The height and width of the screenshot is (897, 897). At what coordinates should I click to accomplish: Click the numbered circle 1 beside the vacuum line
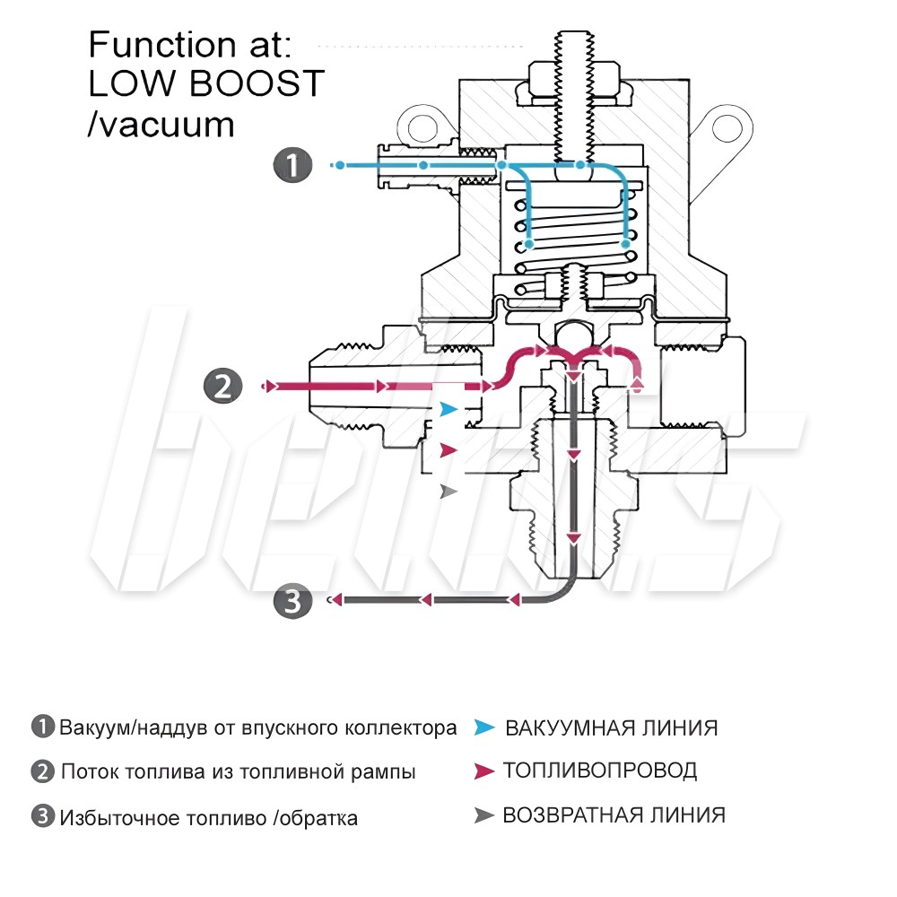click(x=292, y=165)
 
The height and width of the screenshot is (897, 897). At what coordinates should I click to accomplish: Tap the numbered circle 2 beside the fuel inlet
click(x=223, y=386)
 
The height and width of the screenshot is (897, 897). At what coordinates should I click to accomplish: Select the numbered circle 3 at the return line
click(x=292, y=601)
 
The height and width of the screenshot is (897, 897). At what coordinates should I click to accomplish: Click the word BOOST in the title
click(x=257, y=83)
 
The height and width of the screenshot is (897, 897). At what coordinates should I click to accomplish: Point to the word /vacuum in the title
click(x=161, y=124)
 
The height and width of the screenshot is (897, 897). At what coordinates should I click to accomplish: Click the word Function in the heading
click(x=162, y=44)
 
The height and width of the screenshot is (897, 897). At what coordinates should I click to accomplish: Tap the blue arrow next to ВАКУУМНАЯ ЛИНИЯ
click(x=484, y=727)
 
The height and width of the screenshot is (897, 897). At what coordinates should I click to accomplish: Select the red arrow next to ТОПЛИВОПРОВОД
click(x=484, y=771)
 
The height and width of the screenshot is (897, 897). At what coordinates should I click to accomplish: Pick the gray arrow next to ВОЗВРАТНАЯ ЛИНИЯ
click(x=484, y=815)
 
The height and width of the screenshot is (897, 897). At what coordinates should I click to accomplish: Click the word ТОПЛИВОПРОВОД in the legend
click(x=600, y=771)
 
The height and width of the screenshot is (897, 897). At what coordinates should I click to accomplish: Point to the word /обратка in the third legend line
click(x=315, y=818)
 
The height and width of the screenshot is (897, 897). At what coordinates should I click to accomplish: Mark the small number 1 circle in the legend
click(x=42, y=727)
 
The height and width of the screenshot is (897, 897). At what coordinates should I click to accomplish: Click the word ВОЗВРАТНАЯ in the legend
click(x=566, y=815)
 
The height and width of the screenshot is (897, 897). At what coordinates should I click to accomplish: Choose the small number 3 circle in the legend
click(x=42, y=815)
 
